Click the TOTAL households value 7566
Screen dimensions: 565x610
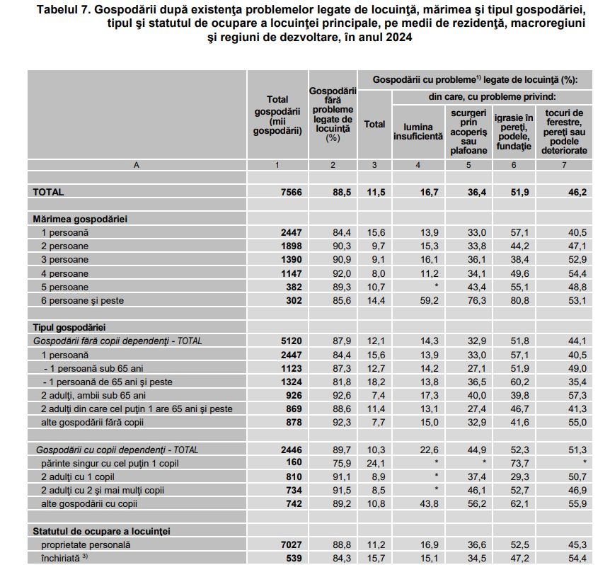(292, 192)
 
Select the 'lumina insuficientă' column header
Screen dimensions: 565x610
(418, 131)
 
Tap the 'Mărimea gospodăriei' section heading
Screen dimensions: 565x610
(79, 219)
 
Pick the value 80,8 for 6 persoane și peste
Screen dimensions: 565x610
(519, 300)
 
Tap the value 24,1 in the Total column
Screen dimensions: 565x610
(375, 463)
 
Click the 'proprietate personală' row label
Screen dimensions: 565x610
(86, 545)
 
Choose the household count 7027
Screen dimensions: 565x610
(292, 545)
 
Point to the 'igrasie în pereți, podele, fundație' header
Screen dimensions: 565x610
(513, 131)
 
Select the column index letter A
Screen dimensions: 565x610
(136, 164)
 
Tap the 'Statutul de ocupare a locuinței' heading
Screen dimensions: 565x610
(101, 530)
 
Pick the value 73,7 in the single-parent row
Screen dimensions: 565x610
(519, 463)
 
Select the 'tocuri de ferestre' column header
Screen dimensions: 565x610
(564, 131)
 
